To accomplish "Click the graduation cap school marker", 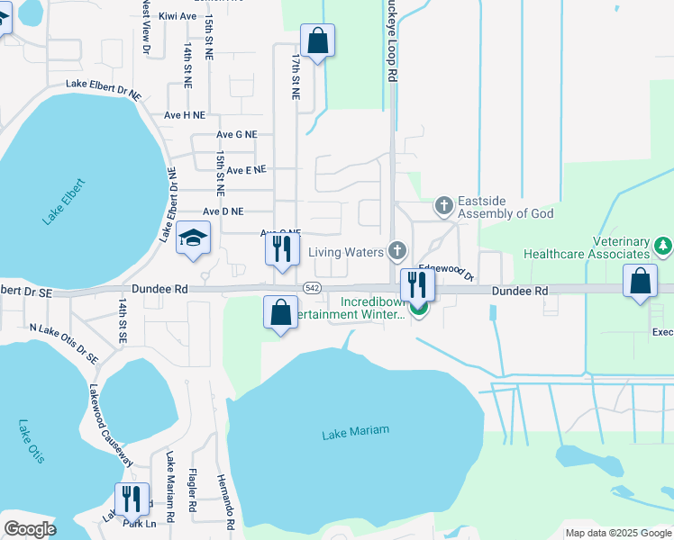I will [193, 238].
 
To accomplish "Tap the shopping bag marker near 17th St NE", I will [316, 40].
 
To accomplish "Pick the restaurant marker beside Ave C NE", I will [282, 248].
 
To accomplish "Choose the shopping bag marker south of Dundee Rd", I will [280, 312].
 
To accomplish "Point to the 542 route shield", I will [312, 287].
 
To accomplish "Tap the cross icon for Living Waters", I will [396, 250].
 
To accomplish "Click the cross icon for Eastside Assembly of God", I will [442, 206].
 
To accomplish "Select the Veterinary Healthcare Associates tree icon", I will [663, 245].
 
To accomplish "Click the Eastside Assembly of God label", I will [505, 207].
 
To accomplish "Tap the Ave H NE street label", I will [185, 115].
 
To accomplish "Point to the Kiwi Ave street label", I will [178, 16].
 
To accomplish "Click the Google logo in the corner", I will [30, 529].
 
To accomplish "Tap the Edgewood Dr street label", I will [447, 270].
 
